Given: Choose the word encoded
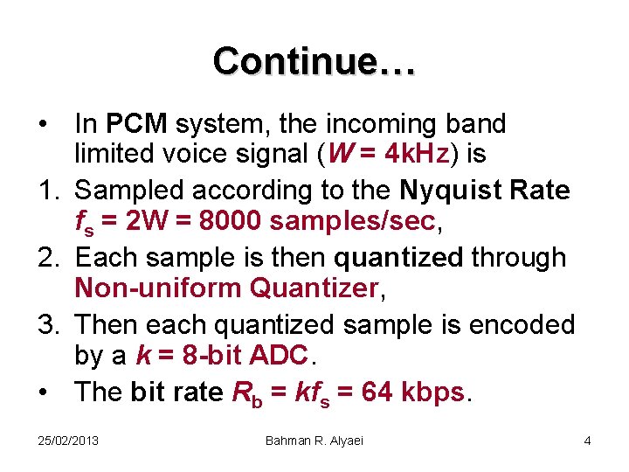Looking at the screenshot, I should click(522, 324).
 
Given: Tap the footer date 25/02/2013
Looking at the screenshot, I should click(69, 441).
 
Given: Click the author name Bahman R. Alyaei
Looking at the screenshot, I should click(314, 441).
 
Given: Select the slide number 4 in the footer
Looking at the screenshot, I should click(587, 441).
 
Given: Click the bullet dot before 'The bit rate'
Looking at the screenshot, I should click(44, 392).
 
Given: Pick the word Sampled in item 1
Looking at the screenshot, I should click(132, 191).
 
